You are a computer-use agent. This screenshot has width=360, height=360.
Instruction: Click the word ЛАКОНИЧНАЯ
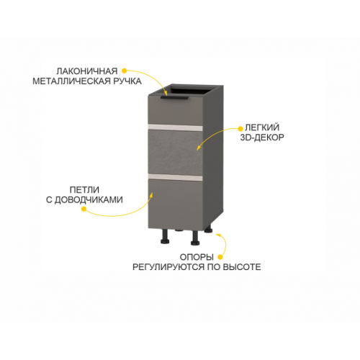87,71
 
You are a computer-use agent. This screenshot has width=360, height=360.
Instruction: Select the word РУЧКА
127,81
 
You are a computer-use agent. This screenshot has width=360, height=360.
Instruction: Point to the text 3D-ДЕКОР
262,138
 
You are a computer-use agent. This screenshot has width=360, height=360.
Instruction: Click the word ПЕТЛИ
84,190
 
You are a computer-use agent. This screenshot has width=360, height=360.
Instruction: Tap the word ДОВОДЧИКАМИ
89,199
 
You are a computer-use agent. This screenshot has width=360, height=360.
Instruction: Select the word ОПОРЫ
197,257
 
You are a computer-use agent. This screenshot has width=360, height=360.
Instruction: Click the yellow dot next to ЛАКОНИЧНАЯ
124,71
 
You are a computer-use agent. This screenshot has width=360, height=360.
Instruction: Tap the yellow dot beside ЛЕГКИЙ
240,129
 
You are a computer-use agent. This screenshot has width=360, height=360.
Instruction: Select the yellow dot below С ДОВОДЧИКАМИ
84,209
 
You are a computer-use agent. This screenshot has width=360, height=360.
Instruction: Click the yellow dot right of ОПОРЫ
220,257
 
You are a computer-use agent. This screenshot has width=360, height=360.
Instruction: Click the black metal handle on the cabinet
175,97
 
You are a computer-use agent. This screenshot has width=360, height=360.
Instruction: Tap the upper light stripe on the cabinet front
176,127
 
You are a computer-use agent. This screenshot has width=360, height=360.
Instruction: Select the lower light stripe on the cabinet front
176,177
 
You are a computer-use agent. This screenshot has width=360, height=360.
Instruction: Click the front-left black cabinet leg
165,236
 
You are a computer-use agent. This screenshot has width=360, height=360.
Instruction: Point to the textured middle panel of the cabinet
176,152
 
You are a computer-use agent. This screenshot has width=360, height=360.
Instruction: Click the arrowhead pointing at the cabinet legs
218,235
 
